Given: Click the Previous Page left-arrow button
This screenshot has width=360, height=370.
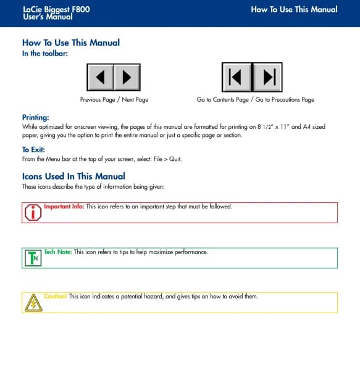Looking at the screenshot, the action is [101, 77].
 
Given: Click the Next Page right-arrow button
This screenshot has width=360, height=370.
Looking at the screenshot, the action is [127, 77].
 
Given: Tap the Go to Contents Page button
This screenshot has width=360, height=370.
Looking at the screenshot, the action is [237, 77].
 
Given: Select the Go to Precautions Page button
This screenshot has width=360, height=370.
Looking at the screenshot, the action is [267, 77].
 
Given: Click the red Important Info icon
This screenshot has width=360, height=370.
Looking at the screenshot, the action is [33, 212].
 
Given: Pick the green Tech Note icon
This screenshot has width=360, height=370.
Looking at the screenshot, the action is [33, 258].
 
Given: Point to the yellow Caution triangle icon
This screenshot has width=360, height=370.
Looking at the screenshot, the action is [33, 303].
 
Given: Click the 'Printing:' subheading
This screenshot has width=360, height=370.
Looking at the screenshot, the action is [36, 117].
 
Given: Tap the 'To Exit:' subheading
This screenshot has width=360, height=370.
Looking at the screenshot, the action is [33, 150].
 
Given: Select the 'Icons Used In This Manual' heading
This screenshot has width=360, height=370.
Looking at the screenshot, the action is [73, 176].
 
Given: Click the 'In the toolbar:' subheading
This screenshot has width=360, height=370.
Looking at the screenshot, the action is [45, 53].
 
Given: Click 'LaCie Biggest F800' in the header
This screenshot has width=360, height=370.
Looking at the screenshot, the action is [56, 9].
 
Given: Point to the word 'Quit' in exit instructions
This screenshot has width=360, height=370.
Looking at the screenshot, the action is [175, 159].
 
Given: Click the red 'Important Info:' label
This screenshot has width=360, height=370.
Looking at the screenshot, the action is [64, 207].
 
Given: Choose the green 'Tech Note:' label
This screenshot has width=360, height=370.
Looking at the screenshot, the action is [58, 252].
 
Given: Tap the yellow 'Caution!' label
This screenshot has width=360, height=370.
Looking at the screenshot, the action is [56, 296].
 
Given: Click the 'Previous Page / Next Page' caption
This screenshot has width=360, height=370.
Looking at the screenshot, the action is [114, 99].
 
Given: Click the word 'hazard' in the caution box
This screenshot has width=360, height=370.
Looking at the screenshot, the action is [154, 296].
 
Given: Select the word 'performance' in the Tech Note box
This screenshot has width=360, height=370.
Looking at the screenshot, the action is [191, 252].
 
